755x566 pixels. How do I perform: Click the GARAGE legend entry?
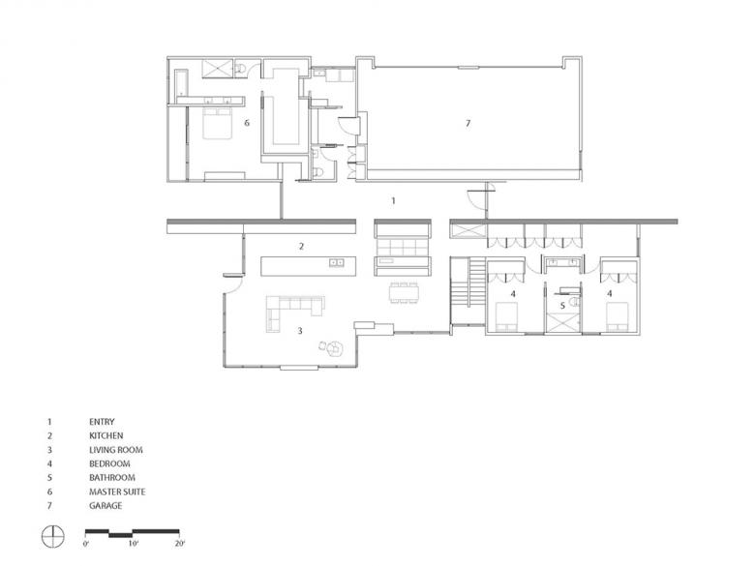tap(106, 506)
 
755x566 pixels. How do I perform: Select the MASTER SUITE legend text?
tap(117, 492)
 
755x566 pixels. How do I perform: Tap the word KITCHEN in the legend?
tap(106, 435)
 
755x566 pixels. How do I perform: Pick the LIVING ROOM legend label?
tap(115, 450)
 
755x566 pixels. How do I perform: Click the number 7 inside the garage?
tap(468, 124)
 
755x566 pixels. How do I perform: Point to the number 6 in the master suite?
tap(247, 123)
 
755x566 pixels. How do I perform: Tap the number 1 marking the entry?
tap(393, 200)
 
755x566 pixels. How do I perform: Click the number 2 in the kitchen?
tap(301, 247)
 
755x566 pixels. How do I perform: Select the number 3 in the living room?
tap(300, 331)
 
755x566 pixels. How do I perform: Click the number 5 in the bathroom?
tap(562, 306)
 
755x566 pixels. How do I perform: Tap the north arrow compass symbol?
tap(52, 536)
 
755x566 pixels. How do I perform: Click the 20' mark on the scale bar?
tap(181, 544)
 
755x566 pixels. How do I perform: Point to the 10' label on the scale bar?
tap(134, 544)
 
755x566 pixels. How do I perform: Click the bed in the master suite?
tap(217, 124)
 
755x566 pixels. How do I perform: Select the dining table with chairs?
tap(404, 293)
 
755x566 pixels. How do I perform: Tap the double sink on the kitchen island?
tap(336, 262)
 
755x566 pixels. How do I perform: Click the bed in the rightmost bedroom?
tap(617, 316)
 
